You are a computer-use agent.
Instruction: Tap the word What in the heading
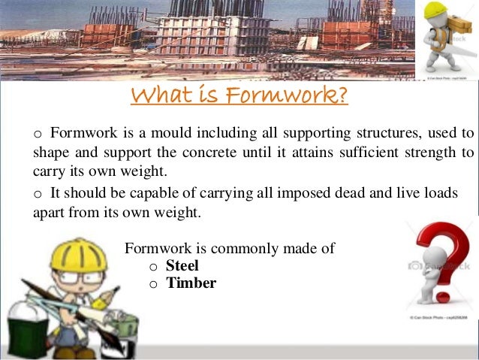(x=160, y=97)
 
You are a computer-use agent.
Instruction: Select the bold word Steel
(x=182, y=265)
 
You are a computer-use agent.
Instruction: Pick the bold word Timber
(x=191, y=283)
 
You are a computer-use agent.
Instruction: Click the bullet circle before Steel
(x=153, y=267)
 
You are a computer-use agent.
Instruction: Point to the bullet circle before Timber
(x=153, y=285)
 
